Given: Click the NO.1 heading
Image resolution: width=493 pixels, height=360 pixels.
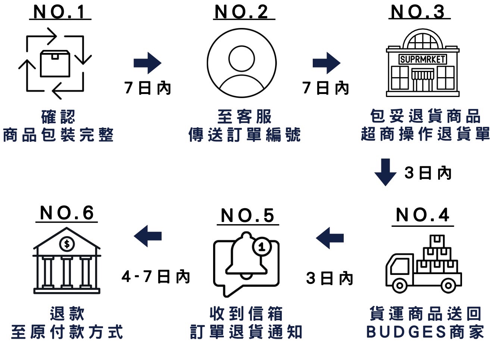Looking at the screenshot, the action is click(x=59, y=12).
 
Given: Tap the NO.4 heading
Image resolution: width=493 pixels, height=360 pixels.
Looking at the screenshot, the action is click(x=422, y=215).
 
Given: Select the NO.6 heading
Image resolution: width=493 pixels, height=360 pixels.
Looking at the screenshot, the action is click(x=67, y=213).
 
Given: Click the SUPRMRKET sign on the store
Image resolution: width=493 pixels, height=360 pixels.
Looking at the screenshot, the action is click(x=422, y=59).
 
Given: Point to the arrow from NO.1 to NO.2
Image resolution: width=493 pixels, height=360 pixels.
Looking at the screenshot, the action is click(x=147, y=63).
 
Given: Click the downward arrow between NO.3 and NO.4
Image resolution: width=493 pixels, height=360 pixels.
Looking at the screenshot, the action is click(x=385, y=172).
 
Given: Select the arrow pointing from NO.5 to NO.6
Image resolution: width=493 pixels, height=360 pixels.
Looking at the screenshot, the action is click(x=148, y=236).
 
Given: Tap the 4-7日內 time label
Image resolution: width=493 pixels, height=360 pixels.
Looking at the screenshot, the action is click(x=156, y=276).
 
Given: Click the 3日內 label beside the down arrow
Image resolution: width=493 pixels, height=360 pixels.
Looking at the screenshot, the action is click(x=428, y=173).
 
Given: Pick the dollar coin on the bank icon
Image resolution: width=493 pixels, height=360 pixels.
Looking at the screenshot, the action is click(x=67, y=244).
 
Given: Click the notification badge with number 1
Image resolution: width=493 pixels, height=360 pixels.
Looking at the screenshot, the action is click(x=262, y=247).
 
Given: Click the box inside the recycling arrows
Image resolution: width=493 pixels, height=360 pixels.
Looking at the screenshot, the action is click(x=55, y=63).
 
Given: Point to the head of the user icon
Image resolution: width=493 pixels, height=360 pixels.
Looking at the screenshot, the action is click(x=242, y=59).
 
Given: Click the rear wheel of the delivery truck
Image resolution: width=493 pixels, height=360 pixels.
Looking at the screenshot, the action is click(x=448, y=286).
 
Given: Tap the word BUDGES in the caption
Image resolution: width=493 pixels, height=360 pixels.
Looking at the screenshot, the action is click(x=406, y=332).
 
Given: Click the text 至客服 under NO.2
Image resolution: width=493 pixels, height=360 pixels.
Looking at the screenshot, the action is click(x=244, y=117).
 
